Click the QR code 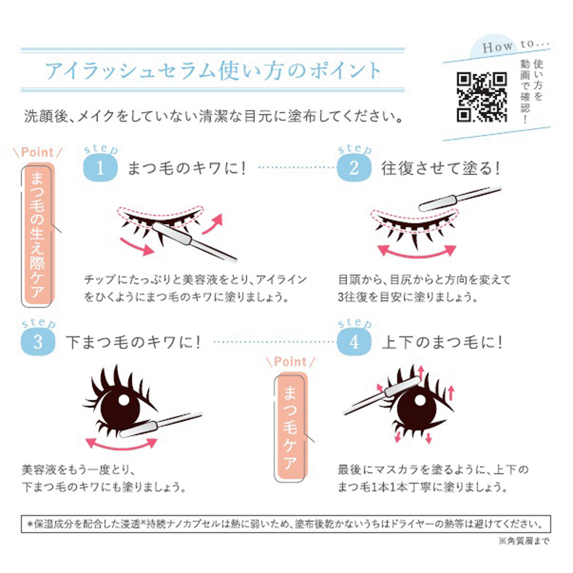[x=482, y=97]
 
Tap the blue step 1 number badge [x=100, y=168]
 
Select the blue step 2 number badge [x=354, y=168]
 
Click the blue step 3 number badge [x=38, y=342]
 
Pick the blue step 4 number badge [x=354, y=342]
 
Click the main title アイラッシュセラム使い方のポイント [x=213, y=71]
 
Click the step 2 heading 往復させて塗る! [x=441, y=168]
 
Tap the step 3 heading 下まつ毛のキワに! [x=133, y=342]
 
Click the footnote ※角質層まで [x=524, y=541]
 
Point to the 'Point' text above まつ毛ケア [x=290, y=361]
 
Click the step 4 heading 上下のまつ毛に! [x=442, y=342]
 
